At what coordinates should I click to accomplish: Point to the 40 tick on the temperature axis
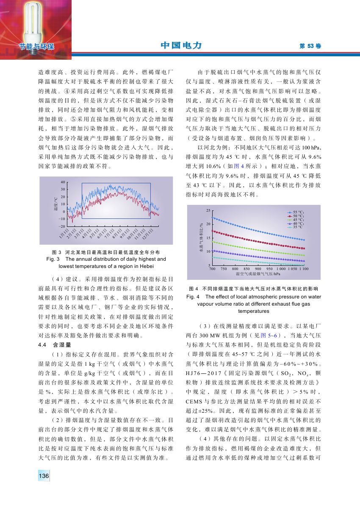(x=63, y=182)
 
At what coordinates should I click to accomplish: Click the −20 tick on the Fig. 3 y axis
(x=62, y=226)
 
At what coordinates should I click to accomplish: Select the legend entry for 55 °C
(x=295, y=212)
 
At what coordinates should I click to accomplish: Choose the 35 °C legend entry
(x=295, y=227)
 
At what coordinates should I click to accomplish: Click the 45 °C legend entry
(x=295, y=219)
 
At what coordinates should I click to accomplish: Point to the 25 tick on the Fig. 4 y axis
(x=208, y=211)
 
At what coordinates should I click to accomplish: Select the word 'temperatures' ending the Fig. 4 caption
(x=254, y=311)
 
